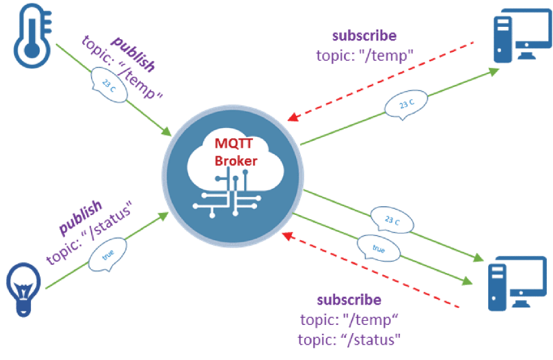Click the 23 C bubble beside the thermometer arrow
pyautogui.click(x=108, y=84)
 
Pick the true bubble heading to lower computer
pyautogui.click(x=378, y=249)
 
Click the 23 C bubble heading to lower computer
pyautogui.click(x=390, y=222)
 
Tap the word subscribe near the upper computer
pyautogui.click(x=365, y=36)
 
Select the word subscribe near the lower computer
pyautogui.click(x=349, y=299)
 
